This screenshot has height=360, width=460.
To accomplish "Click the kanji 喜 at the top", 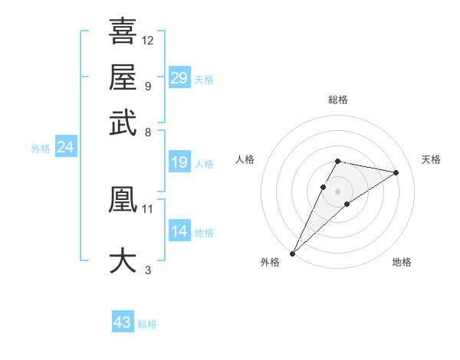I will click(123, 31).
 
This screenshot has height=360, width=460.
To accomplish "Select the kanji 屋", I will click(123, 77).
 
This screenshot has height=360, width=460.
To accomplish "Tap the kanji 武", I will click(123, 122).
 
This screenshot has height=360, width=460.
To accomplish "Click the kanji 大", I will click(123, 260).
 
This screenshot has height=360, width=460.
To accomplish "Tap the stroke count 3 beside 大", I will click(148, 270).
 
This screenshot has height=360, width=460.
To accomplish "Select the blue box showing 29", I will click(179, 77).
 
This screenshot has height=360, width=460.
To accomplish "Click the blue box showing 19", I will click(179, 162).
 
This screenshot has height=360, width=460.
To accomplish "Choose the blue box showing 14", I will click(179, 231).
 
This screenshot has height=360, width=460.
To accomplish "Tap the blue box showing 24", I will click(65, 147).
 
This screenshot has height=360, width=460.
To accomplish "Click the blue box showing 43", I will click(123, 322).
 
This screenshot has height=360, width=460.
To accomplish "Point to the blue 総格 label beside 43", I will click(147, 324).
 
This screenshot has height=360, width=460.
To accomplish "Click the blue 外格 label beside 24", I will click(40, 149).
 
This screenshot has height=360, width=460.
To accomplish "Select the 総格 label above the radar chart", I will click(337, 100).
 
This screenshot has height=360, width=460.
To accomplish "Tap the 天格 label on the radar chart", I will click(431, 159).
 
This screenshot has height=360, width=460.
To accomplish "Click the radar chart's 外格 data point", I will click(293, 254).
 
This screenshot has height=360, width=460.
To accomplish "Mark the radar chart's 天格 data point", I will click(396, 172).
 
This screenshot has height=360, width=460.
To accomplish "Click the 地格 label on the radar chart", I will click(402, 263).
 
